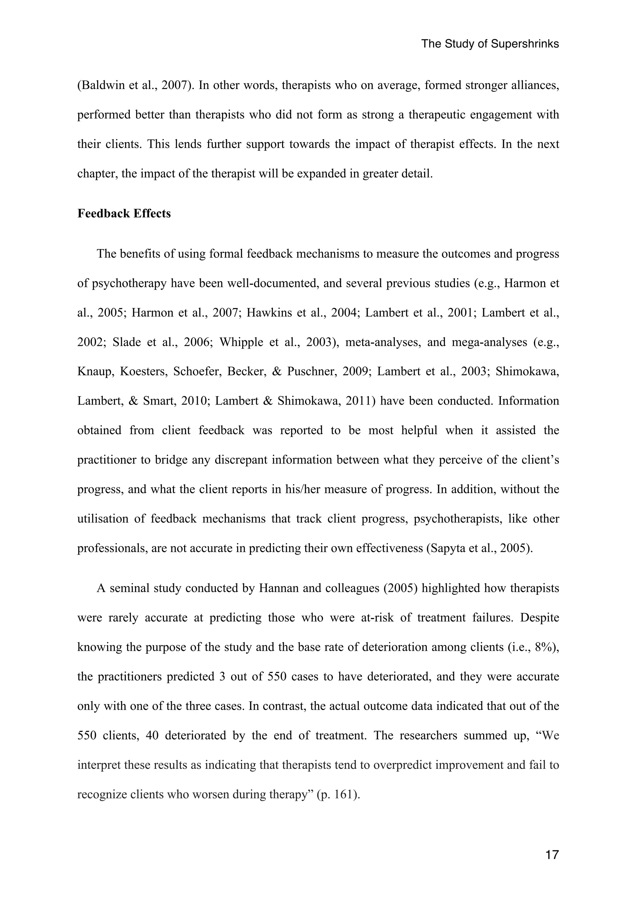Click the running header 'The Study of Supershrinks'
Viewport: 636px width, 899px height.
pyautogui.click(x=490, y=44)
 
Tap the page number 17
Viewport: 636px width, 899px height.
pyautogui.click(x=552, y=854)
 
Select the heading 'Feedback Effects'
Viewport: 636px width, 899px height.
pyautogui.click(x=124, y=213)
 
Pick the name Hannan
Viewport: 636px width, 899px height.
pyautogui.click(x=279, y=588)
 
